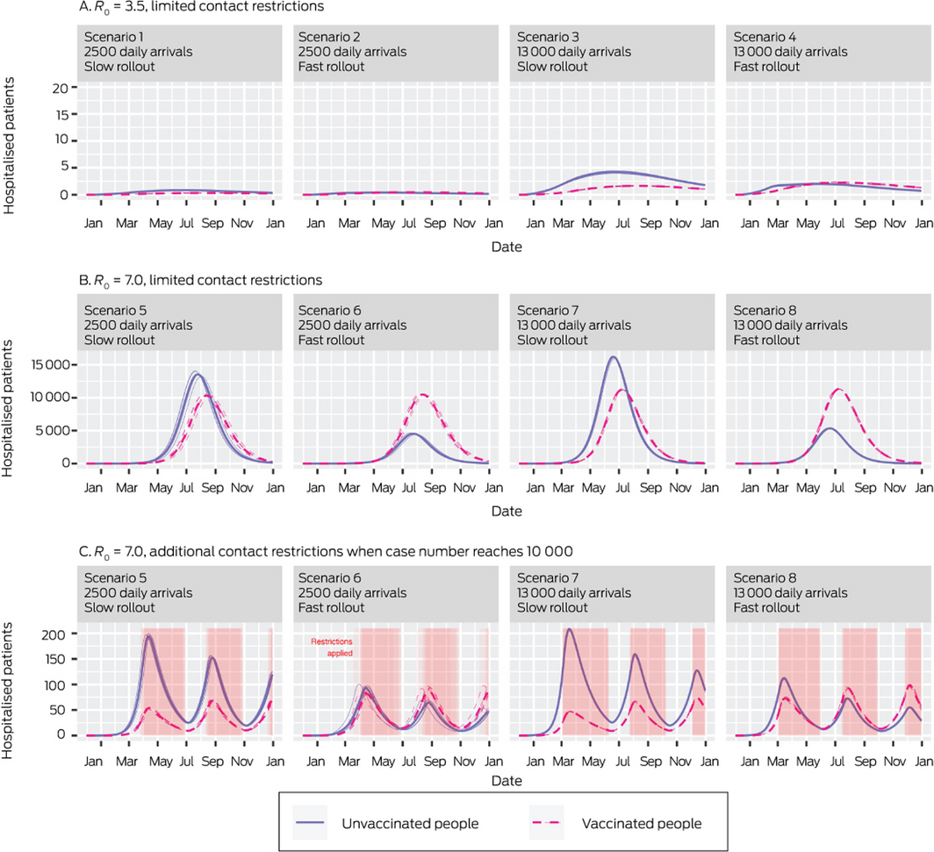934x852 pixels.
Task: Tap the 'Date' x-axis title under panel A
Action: point(506,247)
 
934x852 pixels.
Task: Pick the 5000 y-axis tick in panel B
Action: point(56,431)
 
